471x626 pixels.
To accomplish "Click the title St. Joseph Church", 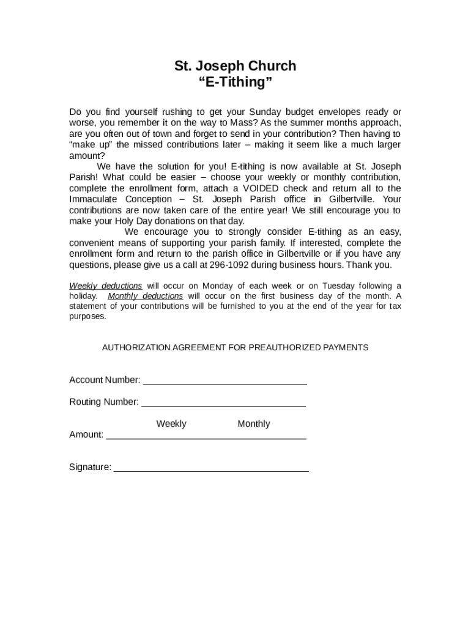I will [x=235, y=66].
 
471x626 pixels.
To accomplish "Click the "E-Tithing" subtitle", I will [x=235, y=83].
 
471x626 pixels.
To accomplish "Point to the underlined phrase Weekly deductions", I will [x=106, y=285].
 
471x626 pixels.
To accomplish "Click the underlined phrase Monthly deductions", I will [x=145, y=296].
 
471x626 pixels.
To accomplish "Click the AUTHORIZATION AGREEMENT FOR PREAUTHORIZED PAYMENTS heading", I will [x=235, y=347].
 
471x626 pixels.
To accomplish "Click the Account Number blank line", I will [x=224, y=383].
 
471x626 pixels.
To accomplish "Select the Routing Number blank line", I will [x=223, y=405].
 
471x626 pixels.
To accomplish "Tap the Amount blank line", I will [x=206, y=437].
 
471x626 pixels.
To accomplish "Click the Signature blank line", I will [x=211, y=470].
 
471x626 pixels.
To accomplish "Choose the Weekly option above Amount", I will [x=171, y=424].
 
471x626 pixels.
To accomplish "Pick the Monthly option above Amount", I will [x=253, y=424].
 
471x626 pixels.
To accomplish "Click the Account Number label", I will [x=105, y=380].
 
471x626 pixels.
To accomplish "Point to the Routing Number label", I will [x=104, y=402].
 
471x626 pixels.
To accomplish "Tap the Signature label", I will [x=90, y=467].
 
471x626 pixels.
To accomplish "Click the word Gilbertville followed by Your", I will [x=350, y=199].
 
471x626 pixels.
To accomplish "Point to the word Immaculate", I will [x=95, y=199].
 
